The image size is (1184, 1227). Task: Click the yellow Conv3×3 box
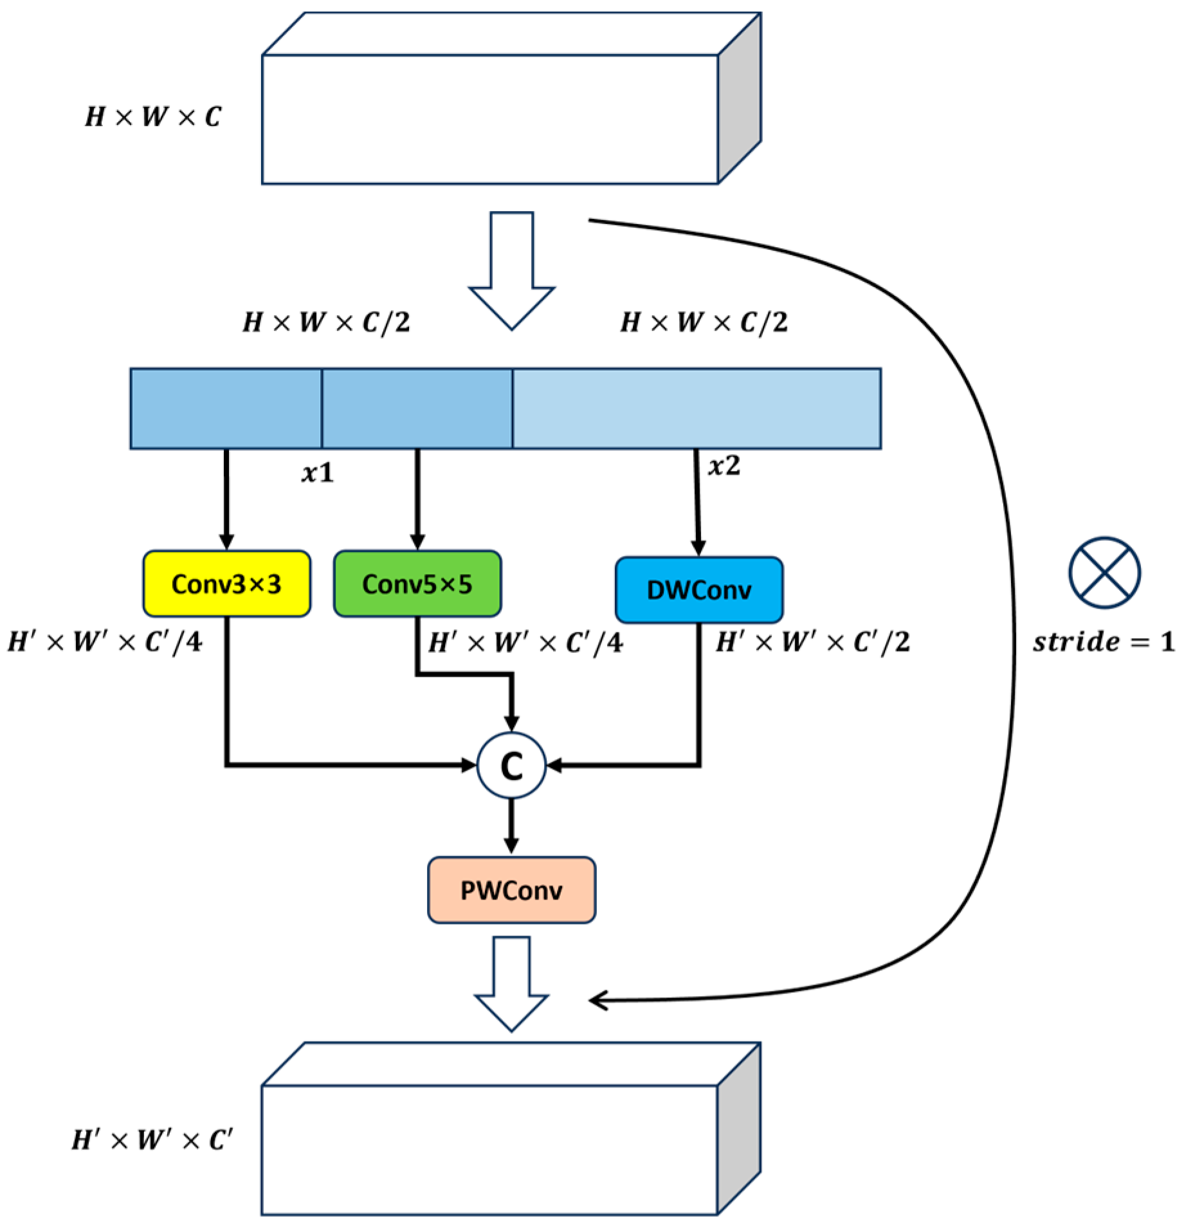(x=226, y=584)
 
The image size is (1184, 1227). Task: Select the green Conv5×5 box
(x=417, y=584)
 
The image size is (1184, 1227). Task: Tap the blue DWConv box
(x=699, y=590)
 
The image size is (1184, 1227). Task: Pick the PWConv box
(x=511, y=890)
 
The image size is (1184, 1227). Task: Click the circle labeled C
(x=511, y=766)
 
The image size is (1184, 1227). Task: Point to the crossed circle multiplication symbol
(x=1104, y=572)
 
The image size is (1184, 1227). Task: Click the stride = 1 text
(x=1103, y=642)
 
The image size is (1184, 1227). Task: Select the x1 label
(x=318, y=474)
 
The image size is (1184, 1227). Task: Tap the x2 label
(x=724, y=466)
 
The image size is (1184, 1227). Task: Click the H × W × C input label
(x=153, y=117)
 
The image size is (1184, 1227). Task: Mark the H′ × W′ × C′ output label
(x=152, y=1140)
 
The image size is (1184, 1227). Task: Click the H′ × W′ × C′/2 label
(x=813, y=642)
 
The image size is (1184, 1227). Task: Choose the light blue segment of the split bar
(x=697, y=408)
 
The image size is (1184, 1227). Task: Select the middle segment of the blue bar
(x=417, y=408)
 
